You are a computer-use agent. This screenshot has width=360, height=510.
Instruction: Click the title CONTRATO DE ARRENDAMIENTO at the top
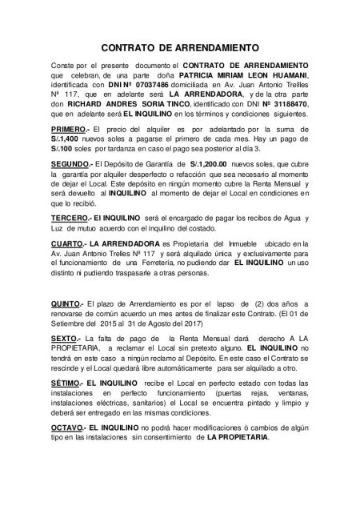tap(180, 48)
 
